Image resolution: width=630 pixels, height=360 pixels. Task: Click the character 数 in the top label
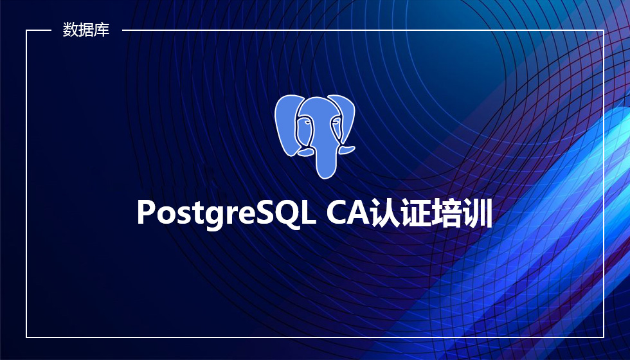click(70, 30)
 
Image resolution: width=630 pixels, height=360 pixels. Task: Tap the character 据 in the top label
click(85, 30)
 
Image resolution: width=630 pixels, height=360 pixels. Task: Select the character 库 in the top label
click(102, 30)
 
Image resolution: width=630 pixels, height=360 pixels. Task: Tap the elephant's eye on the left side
click(307, 122)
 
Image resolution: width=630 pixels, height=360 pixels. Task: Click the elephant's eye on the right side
click(335, 122)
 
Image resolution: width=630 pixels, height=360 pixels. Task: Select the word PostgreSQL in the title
click(226, 213)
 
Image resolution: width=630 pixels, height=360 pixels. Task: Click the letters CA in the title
click(348, 212)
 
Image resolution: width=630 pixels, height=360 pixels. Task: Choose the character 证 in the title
click(416, 212)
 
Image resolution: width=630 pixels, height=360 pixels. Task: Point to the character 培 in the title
click(446, 212)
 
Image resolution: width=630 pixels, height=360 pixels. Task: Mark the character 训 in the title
click(477, 212)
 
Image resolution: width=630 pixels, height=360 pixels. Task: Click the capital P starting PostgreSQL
click(147, 212)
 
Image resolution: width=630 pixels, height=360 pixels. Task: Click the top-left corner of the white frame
click(26, 30)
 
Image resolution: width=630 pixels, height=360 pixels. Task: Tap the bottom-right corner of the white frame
click(604, 337)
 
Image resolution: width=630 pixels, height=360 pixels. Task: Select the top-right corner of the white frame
click(604, 30)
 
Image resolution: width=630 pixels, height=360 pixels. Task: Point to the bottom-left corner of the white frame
click(26, 337)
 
